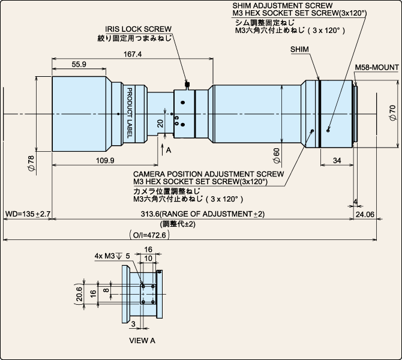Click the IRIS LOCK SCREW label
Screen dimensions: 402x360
[138, 29]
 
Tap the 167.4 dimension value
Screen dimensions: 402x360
[133, 54]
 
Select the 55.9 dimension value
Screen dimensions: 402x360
[79, 64]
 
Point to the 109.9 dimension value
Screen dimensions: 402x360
[105, 161]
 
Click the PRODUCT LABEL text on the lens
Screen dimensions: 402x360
[130, 113]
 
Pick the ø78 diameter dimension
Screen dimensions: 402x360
[31, 163]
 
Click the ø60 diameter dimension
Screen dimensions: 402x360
[277, 155]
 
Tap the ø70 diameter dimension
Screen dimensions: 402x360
[392, 113]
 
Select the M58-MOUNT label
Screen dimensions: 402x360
[377, 67]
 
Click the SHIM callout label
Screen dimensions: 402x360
[300, 49]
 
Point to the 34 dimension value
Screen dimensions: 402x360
[337, 161]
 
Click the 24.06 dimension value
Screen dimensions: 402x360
[365, 214]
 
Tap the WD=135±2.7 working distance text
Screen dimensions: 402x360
[28, 214]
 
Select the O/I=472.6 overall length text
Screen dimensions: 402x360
[149, 235]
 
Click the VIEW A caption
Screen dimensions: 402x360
[142, 341]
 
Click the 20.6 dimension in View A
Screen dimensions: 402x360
[79, 294]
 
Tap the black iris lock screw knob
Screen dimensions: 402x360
[187, 84]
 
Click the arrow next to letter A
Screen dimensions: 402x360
[162, 149]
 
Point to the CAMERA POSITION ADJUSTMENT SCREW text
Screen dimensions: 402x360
[208, 174]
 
